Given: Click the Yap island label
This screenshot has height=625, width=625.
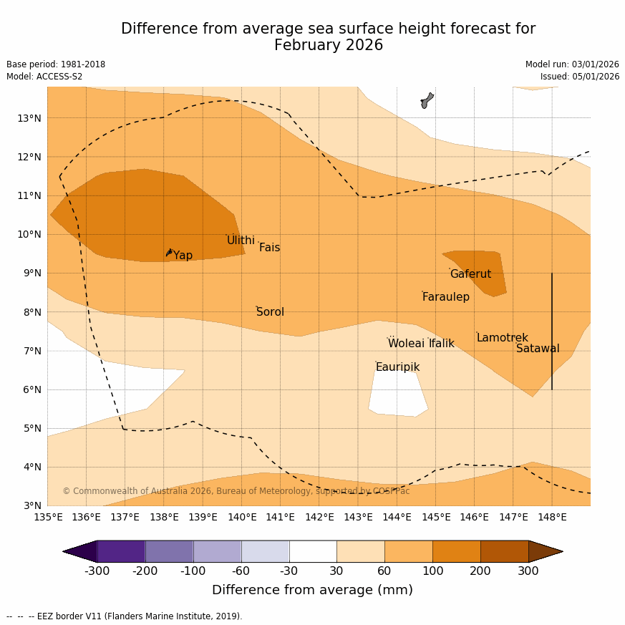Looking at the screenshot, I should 183,256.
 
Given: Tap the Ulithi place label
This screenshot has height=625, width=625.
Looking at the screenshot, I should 241,241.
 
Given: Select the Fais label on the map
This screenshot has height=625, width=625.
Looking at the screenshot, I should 269,248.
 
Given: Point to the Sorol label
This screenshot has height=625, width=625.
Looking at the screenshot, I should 270,312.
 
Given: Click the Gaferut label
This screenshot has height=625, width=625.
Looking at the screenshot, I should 470,274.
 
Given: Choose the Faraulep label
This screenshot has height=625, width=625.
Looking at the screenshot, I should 445,297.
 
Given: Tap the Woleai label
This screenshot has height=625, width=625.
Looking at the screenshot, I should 406,344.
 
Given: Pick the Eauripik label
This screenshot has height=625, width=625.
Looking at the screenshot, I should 397,367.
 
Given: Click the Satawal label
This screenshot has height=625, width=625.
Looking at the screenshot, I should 538,349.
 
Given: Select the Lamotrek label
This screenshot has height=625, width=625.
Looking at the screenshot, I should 502,338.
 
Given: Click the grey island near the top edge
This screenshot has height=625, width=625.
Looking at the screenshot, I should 427,100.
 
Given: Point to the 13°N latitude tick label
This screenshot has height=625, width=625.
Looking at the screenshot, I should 29,118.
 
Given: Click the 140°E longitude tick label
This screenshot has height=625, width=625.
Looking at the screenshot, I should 242,517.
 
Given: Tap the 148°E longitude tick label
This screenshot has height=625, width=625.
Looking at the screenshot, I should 552,517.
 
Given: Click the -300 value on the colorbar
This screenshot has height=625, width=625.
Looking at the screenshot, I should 97,571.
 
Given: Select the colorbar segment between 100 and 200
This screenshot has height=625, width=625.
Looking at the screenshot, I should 456,551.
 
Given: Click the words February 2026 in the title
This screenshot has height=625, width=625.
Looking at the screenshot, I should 328,46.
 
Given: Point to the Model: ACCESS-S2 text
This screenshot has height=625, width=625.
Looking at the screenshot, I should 44,77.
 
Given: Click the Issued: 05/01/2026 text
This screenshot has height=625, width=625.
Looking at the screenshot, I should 580,77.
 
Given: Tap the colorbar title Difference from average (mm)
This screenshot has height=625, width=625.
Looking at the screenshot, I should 312,591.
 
